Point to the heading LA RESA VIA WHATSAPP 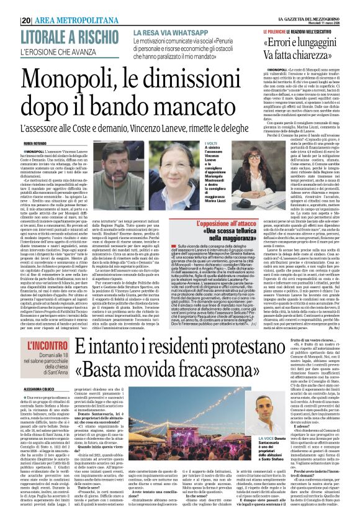coord(162,31)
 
